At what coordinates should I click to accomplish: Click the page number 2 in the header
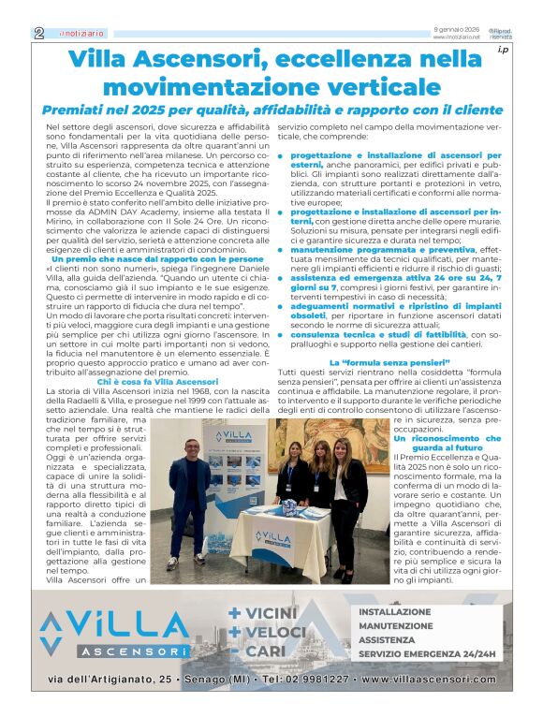38,33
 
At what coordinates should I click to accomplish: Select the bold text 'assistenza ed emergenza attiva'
374,279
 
